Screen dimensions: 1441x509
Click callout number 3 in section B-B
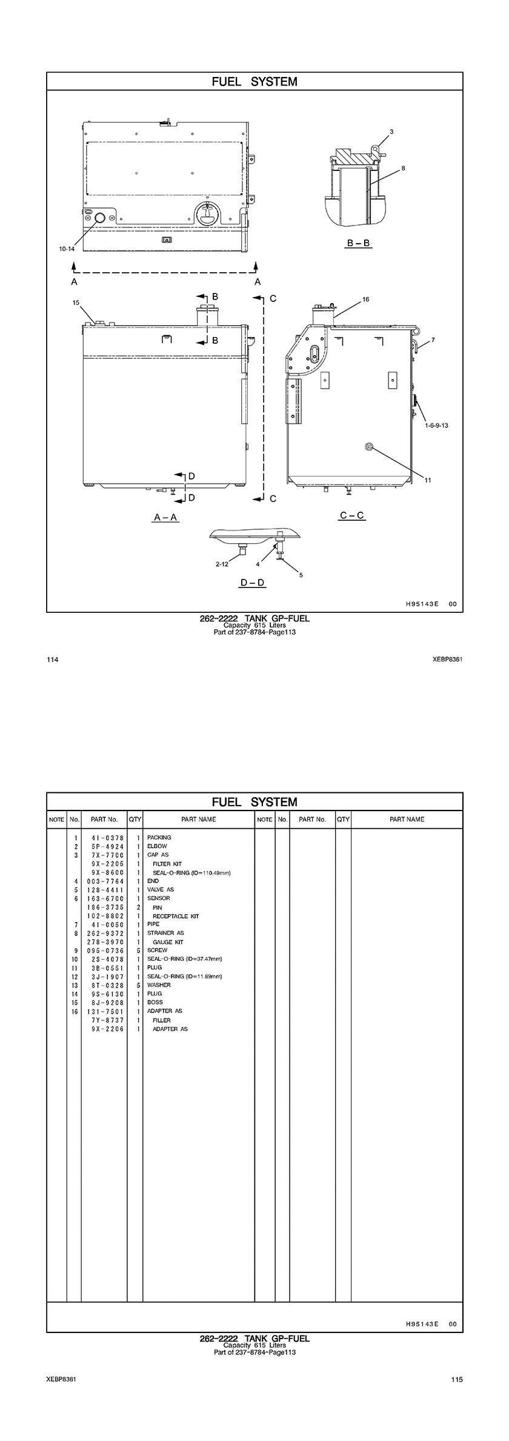[x=391, y=132]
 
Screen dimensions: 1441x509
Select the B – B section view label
[x=359, y=243]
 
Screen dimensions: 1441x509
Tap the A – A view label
[x=166, y=517]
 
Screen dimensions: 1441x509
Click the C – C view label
[x=352, y=515]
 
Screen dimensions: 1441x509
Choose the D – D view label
[x=253, y=583]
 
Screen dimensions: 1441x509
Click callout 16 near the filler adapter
[x=365, y=299]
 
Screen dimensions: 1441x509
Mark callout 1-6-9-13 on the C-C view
[x=436, y=426]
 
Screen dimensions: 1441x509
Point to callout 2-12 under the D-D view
[x=222, y=564]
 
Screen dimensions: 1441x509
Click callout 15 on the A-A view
[x=76, y=303]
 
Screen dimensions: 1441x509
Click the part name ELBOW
[x=157, y=846]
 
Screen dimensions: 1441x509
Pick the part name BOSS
[x=155, y=1002]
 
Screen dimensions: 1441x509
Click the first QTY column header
[x=135, y=819]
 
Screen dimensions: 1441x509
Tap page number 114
[x=52, y=660]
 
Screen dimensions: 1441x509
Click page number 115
[x=456, y=1379]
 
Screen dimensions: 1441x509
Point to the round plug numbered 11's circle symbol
[x=368, y=447]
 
